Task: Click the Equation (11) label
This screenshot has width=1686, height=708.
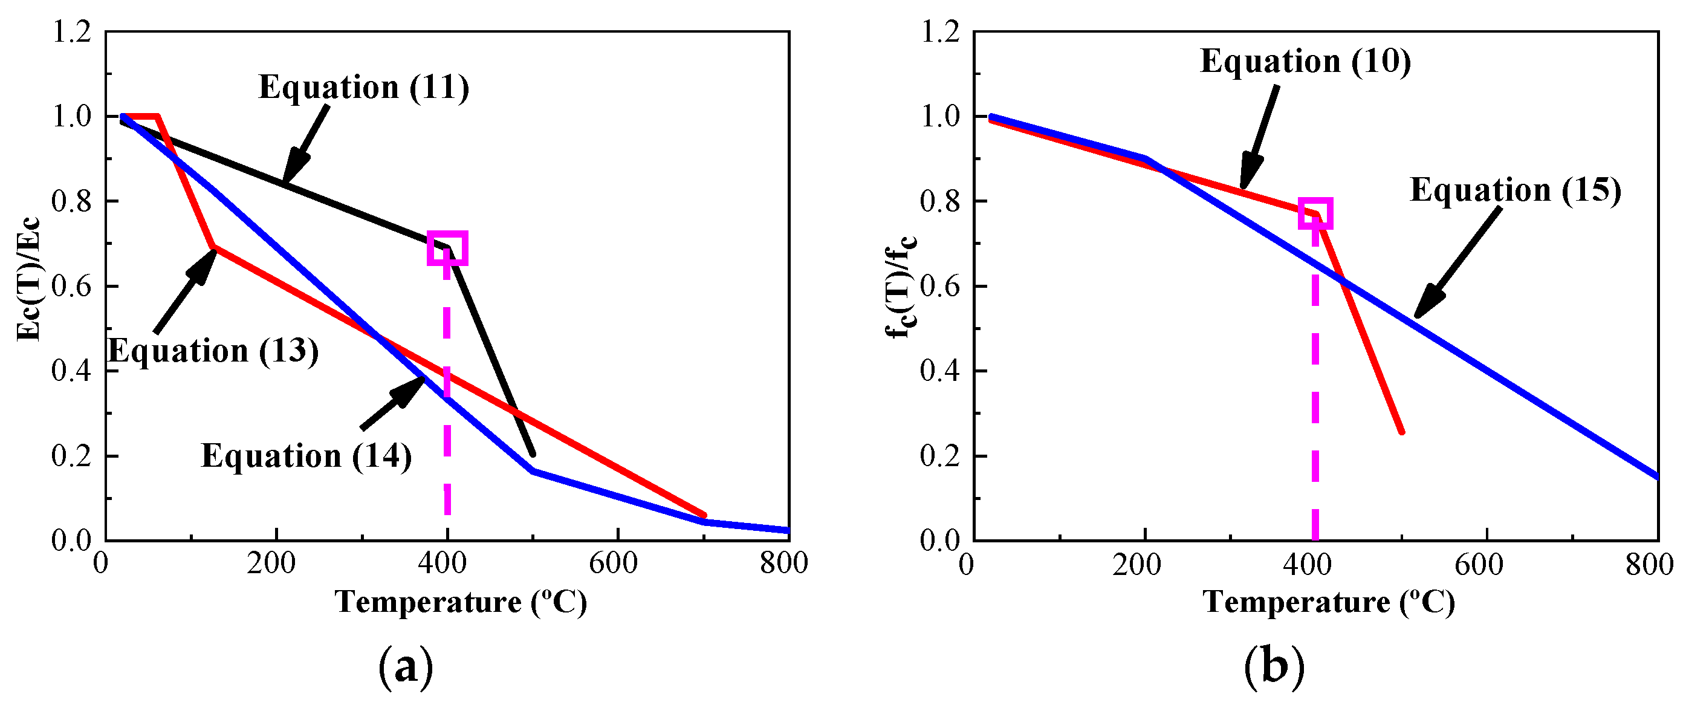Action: pos(364,88)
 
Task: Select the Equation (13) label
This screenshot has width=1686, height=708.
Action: pos(213,351)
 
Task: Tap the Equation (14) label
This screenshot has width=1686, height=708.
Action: pos(306,456)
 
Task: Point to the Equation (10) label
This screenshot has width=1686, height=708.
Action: pos(1306,62)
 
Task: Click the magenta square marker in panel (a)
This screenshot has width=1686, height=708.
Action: pos(447,248)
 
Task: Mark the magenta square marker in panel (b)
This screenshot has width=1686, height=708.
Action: pos(1315,214)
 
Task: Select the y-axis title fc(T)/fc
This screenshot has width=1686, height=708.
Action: pos(901,286)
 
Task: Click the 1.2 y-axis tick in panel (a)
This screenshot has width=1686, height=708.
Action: pos(72,31)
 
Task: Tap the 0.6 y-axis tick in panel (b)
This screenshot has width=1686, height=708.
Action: pos(940,287)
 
